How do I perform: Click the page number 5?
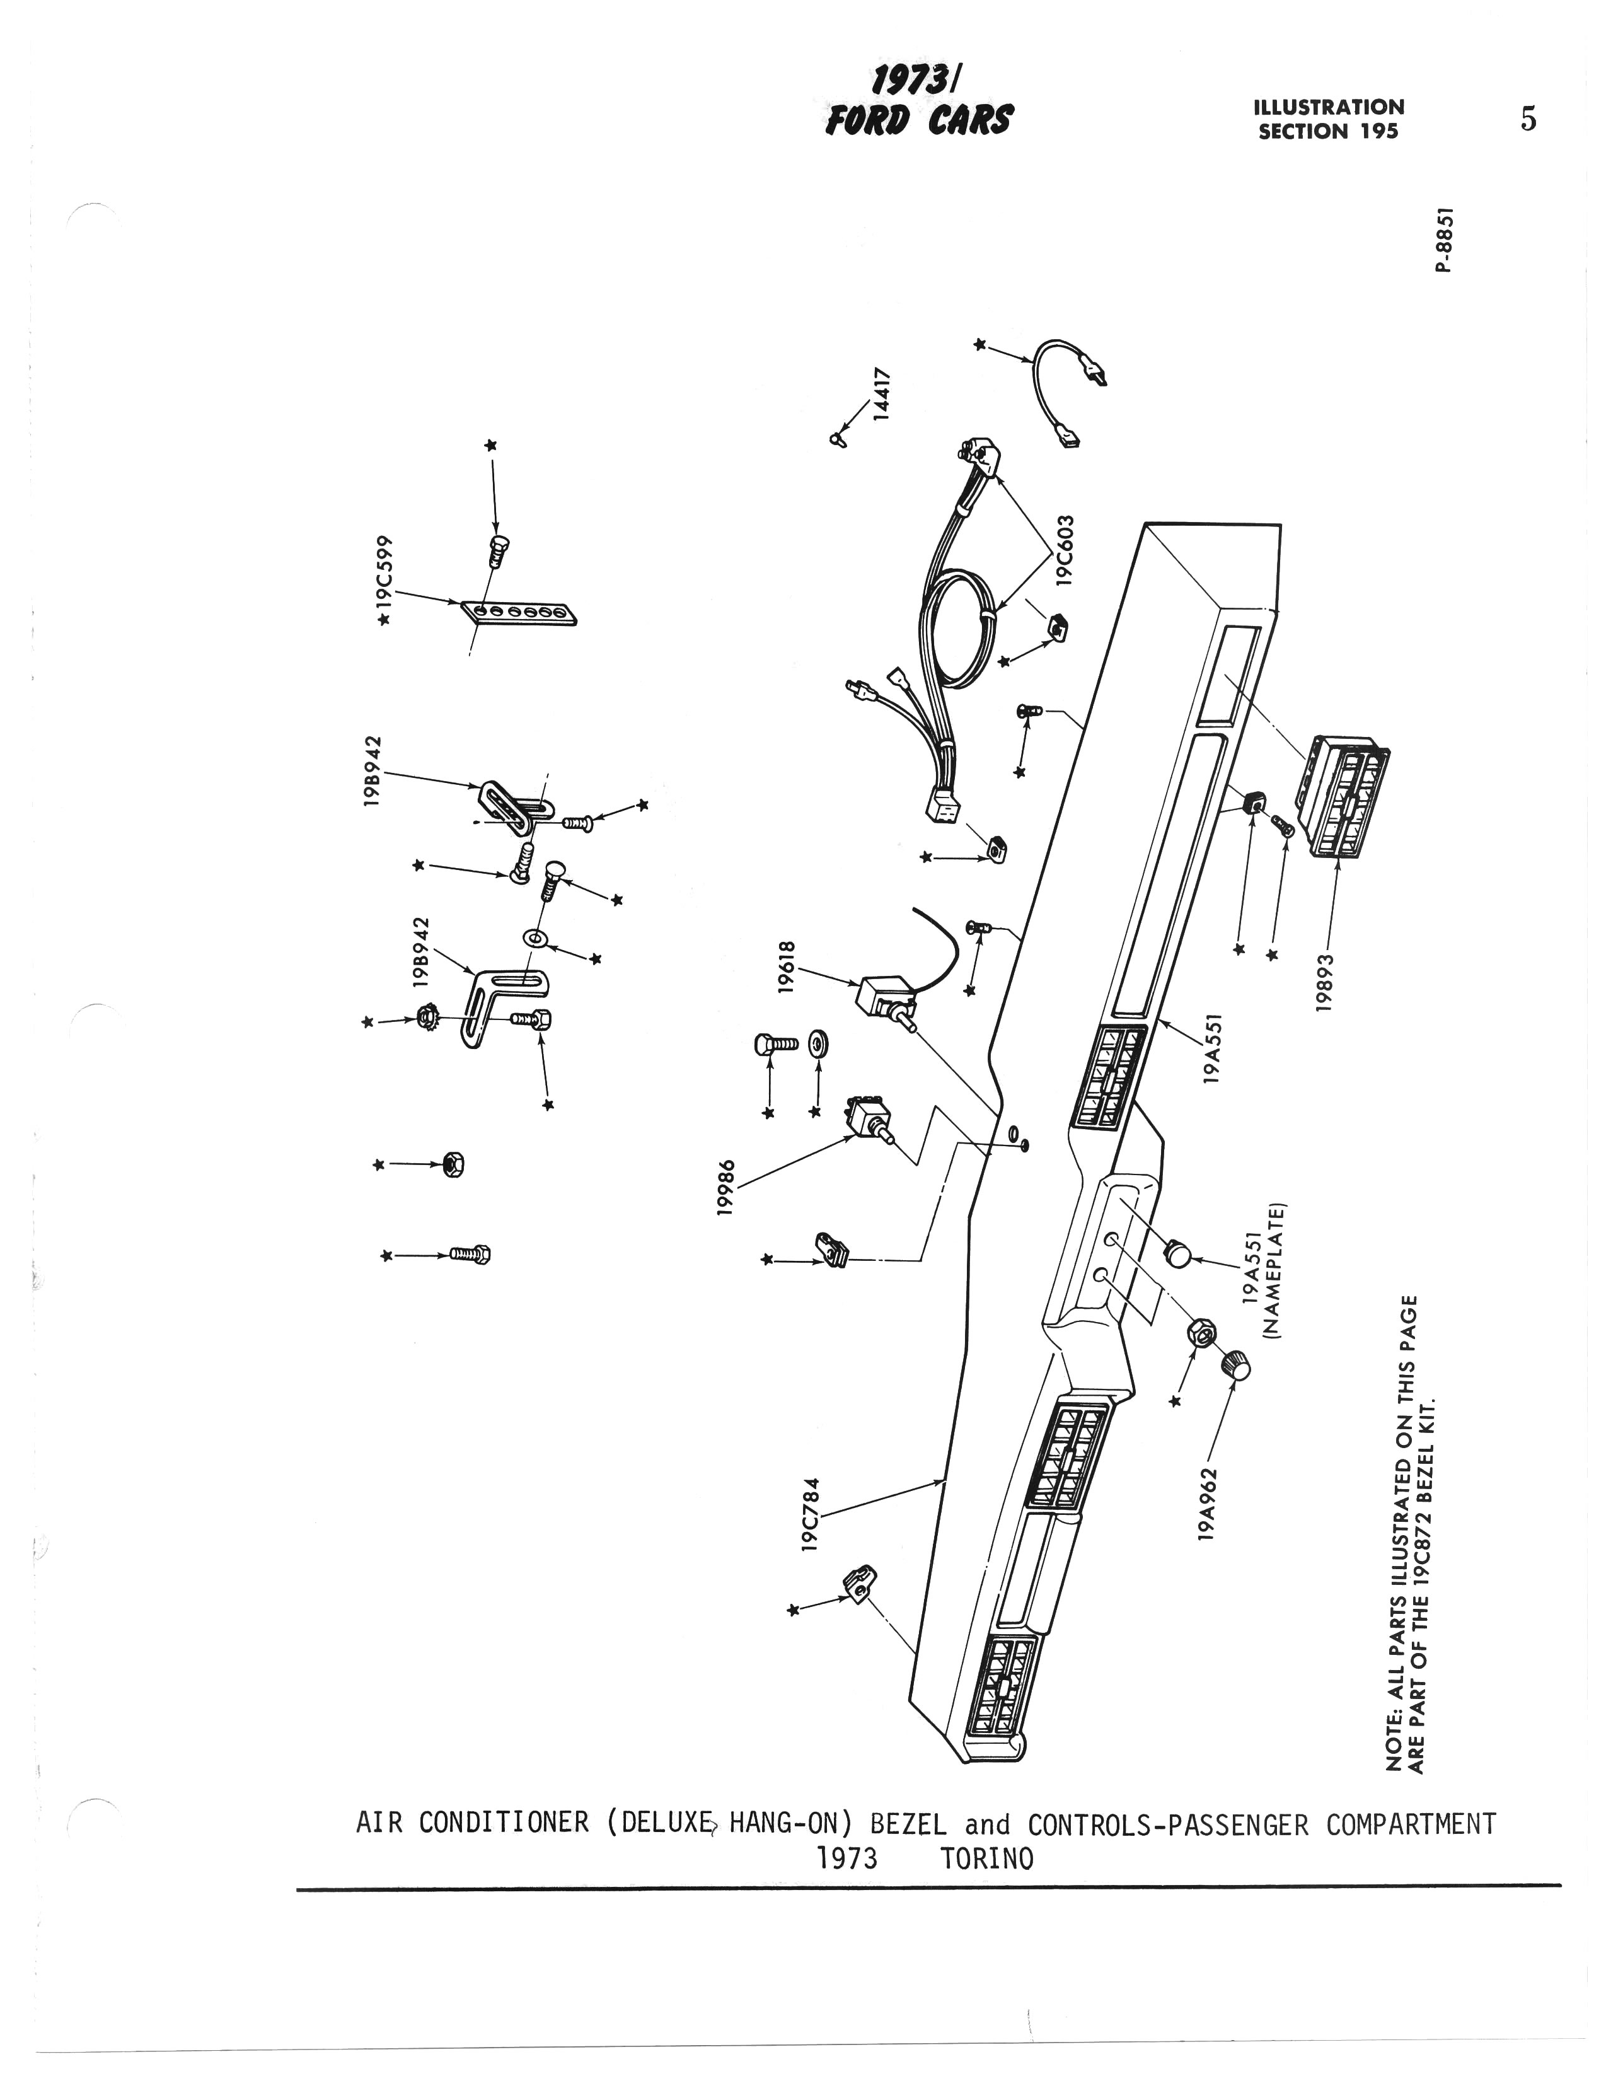pyautogui.click(x=1528, y=120)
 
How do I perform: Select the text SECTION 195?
pyautogui.click(x=1328, y=131)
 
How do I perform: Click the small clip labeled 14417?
pyautogui.click(x=838, y=439)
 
